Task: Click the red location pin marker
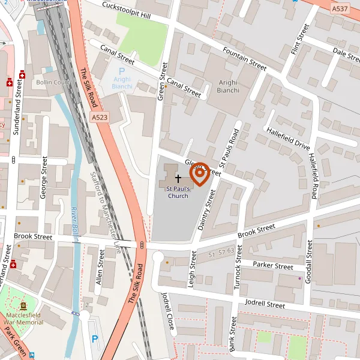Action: click(x=199, y=174)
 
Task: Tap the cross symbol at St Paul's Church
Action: click(x=178, y=178)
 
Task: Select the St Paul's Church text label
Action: click(x=178, y=192)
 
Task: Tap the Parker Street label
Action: click(x=273, y=265)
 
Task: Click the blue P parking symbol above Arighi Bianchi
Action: click(x=122, y=71)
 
